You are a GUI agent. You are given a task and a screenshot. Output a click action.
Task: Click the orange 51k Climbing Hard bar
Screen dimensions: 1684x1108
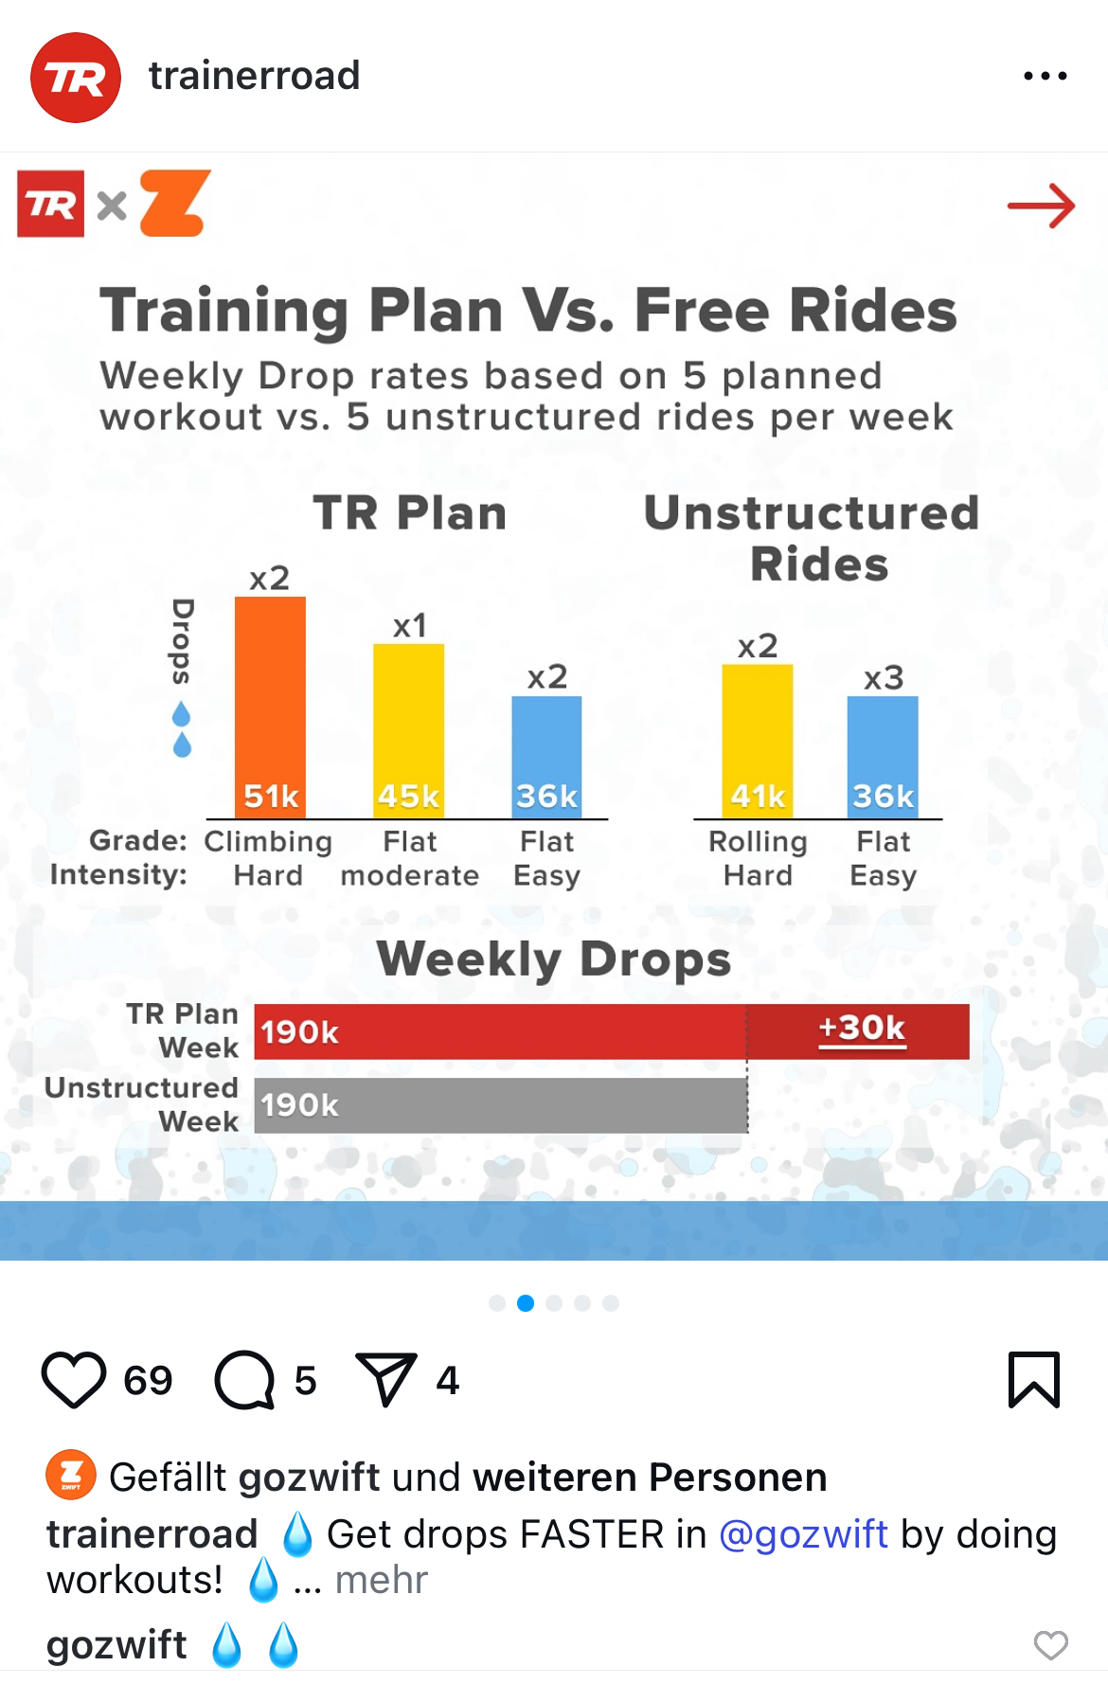pyautogui.click(x=270, y=706)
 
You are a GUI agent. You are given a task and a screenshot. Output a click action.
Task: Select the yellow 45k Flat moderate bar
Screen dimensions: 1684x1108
pyautogui.click(x=408, y=729)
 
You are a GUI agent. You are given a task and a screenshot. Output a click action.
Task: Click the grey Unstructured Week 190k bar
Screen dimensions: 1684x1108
pyautogui.click(x=500, y=1105)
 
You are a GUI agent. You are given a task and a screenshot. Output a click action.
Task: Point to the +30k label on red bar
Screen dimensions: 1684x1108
pyautogui.click(x=862, y=1029)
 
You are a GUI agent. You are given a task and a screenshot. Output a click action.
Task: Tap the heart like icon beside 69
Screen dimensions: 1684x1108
pyautogui.click(x=74, y=1380)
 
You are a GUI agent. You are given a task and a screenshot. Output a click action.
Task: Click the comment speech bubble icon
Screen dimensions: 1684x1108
pyautogui.click(x=244, y=1380)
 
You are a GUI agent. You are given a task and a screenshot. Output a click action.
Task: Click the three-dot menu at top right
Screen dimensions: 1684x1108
pyautogui.click(x=1045, y=76)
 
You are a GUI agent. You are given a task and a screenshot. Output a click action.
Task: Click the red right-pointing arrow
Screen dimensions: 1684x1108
pyautogui.click(x=1041, y=206)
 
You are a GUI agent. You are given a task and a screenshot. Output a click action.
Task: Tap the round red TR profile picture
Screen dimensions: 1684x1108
pyautogui.click(x=76, y=78)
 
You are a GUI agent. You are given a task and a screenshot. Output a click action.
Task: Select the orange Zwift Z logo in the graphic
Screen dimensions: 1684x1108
pyautogui.click(x=175, y=203)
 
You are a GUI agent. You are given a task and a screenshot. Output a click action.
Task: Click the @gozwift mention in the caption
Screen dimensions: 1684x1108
pyautogui.click(x=803, y=1534)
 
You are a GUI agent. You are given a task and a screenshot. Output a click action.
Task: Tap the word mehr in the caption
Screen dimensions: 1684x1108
pyautogui.click(x=382, y=1580)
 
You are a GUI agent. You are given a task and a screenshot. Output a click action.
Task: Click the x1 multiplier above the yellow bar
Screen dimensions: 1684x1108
pyautogui.click(x=410, y=626)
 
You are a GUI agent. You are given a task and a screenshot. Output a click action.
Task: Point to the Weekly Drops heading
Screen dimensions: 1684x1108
pyautogui.click(x=554, y=958)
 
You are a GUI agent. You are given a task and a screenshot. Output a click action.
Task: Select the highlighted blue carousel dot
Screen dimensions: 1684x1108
pyautogui.click(x=526, y=1303)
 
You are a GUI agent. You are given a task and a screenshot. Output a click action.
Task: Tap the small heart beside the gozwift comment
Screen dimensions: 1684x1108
pyautogui.click(x=1050, y=1645)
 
